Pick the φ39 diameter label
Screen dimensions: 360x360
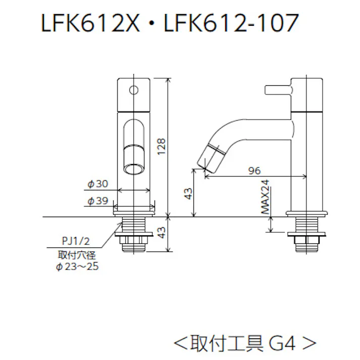tap(98, 201)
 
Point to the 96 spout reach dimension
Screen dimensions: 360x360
tap(255, 170)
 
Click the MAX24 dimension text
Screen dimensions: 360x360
tap(266, 198)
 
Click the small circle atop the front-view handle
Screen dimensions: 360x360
tap(134, 90)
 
